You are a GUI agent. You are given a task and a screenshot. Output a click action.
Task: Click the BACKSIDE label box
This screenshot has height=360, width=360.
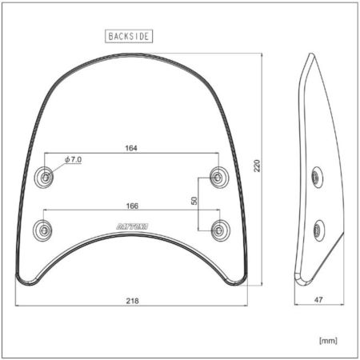click(x=129, y=36)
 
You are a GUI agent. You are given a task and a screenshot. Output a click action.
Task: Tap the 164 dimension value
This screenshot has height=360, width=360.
click(x=131, y=148)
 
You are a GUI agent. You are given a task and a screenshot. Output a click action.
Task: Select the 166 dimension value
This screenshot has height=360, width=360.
click(x=132, y=206)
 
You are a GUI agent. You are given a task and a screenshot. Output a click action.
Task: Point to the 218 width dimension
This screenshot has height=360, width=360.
click(x=132, y=301)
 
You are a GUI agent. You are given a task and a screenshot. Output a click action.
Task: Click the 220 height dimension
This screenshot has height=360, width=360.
click(x=257, y=166)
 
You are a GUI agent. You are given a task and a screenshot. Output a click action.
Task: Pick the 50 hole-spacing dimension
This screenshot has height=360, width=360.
click(x=194, y=201)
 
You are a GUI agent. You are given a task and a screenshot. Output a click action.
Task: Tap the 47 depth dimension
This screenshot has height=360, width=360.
click(x=318, y=300)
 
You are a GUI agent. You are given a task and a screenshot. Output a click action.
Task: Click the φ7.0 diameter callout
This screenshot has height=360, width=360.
click(x=74, y=160)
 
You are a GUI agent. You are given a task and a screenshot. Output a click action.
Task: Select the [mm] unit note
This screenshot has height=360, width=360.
click(x=328, y=341)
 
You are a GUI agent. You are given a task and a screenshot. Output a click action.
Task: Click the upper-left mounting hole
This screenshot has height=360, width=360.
click(x=44, y=177)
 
